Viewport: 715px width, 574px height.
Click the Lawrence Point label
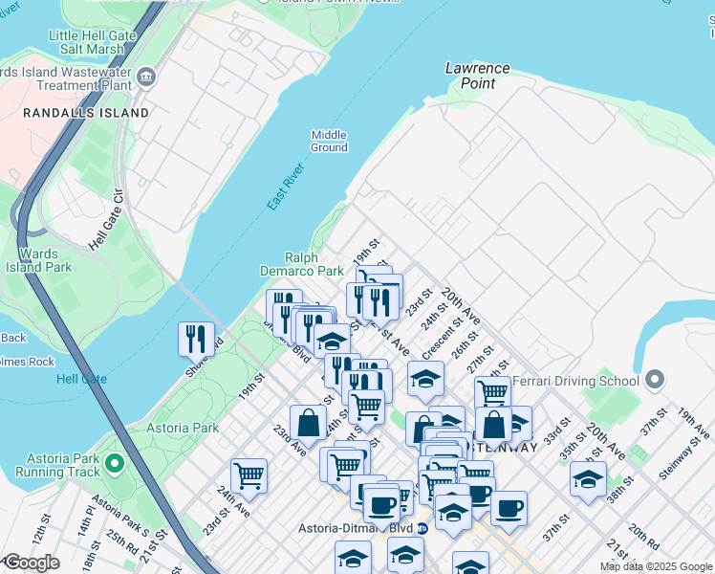coord(477,76)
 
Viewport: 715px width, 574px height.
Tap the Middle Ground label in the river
coord(329,141)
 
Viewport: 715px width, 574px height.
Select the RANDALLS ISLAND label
coord(86,113)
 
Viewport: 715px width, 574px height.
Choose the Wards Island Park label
coord(45,260)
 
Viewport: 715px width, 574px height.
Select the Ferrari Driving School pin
coord(655,381)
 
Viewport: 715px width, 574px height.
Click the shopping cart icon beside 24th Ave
coord(249,475)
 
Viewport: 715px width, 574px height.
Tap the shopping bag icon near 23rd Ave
coord(308,422)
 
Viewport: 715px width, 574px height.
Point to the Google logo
coord(32,563)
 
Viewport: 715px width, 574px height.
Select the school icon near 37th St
coord(588,478)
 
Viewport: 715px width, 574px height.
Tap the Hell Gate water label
coord(81,379)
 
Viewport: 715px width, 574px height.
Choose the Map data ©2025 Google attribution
coord(656,566)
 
